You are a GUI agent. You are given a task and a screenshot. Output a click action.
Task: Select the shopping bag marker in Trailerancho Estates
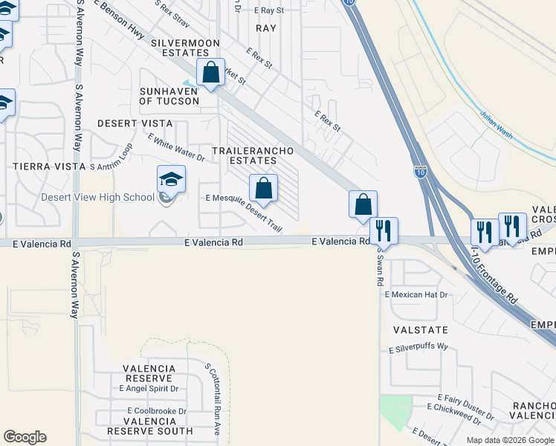click(263, 189)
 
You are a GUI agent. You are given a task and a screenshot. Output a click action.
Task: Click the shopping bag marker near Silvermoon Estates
click(211, 73)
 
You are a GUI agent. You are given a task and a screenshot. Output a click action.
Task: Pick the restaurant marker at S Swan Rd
click(384, 231)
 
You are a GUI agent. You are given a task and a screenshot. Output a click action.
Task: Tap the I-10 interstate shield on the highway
click(420, 172)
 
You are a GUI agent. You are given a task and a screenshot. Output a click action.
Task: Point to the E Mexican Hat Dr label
click(417, 295)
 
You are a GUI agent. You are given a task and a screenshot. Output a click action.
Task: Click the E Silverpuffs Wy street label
click(418, 348)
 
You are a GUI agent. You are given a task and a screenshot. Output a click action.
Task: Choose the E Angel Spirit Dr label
click(149, 388)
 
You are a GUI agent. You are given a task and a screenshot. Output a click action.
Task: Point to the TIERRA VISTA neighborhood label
click(49, 167)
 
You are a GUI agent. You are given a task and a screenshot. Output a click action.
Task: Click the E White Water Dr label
click(176, 147)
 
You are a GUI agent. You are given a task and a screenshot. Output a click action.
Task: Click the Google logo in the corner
click(25, 437)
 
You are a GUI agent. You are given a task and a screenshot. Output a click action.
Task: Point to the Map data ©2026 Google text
click(509, 440)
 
